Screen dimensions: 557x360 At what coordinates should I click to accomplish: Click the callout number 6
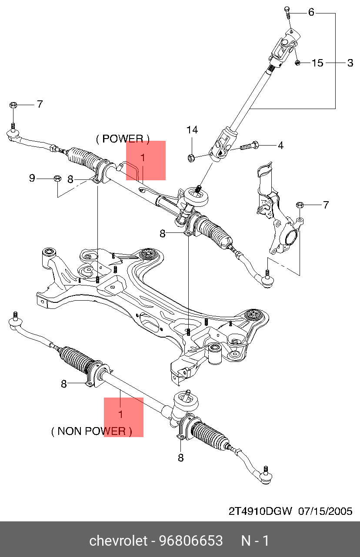click(x=311, y=12)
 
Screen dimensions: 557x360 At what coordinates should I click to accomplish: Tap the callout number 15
click(x=318, y=63)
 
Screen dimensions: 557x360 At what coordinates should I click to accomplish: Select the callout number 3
click(x=350, y=63)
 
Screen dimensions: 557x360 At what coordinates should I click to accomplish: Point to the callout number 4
click(x=280, y=145)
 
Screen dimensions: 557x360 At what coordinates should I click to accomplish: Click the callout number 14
click(x=192, y=129)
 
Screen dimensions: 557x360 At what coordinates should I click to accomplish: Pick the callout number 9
click(x=32, y=178)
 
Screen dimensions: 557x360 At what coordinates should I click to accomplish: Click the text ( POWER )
click(x=123, y=139)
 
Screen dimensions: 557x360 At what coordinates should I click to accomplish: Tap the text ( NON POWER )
click(x=91, y=431)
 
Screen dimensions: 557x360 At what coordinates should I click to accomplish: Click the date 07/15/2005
click(x=325, y=511)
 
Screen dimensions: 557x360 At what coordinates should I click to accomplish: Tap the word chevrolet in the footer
click(x=118, y=541)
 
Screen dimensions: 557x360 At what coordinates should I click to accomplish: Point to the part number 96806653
click(x=191, y=541)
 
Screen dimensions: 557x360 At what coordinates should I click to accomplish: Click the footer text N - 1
click(x=255, y=541)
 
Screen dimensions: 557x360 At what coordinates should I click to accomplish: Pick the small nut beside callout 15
click(x=297, y=63)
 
